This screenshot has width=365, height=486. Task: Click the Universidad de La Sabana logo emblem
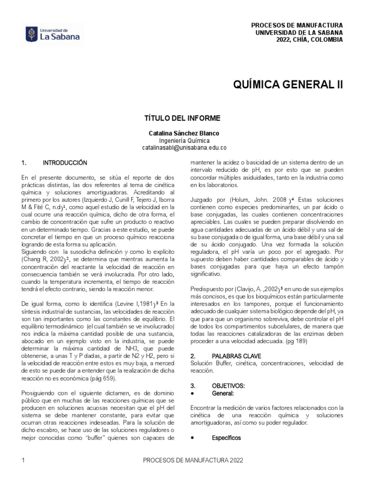(32, 34)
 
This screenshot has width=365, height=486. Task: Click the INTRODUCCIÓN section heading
(65, 163)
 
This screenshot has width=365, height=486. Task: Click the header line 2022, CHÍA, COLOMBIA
(309, 40)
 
